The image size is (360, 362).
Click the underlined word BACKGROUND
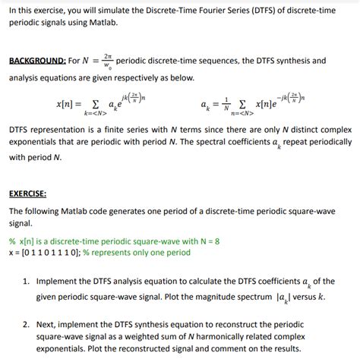pos(36,61)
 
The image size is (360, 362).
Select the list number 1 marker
pos(27,281)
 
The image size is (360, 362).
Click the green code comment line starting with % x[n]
pos(114,241)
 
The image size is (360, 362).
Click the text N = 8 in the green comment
pos(207,241)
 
